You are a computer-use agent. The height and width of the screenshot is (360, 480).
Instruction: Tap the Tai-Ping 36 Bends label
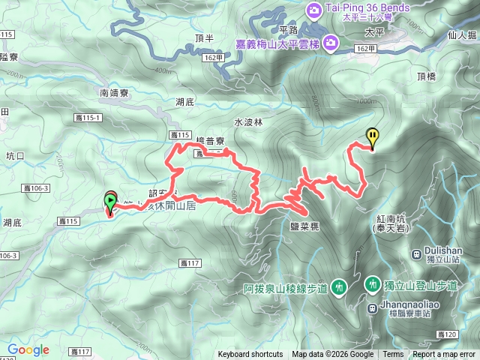(367, 8)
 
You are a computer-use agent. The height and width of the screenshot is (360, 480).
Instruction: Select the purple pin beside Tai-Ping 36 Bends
(313, 9)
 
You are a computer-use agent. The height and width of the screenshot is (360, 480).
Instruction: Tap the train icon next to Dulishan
(416, 253)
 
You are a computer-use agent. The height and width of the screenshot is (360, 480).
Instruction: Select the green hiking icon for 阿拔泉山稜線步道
(340, 286)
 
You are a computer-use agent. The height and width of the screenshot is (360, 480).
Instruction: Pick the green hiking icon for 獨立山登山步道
(373, 284)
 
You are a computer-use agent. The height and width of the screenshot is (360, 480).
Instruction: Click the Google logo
(28, 349)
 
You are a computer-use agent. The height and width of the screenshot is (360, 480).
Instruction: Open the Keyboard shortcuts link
(250, 355)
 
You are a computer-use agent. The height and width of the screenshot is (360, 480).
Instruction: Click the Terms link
(393, 355)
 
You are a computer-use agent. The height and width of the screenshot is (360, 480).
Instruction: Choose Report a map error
(445, 355)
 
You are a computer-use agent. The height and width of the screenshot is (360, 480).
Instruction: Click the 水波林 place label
(248, 121)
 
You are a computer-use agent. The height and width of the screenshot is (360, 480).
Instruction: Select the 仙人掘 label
(461, 33)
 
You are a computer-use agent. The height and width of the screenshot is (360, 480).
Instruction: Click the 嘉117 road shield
(192, 263)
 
